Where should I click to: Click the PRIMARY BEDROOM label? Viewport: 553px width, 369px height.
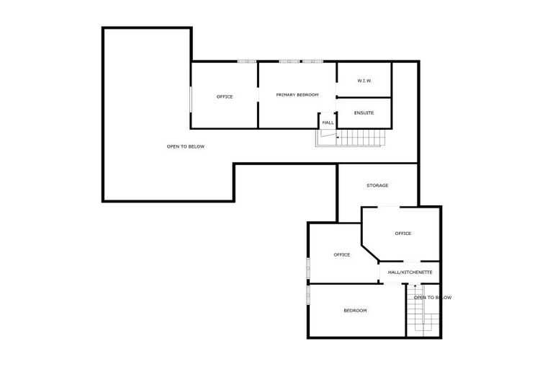pyautogui.click(x=297, y=95)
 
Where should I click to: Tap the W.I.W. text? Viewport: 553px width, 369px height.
pyautogui.click(x=364, y=80)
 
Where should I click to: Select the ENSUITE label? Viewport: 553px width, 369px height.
pyautogui.click(x=364, y=112)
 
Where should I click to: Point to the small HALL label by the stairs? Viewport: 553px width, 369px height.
pyautogui.click(x=328, y=123)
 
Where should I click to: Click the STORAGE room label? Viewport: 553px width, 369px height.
pyautogui.click(x=377, y=186)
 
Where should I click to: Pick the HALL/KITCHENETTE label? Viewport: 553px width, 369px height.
pyautogui.click(x=410, y=272)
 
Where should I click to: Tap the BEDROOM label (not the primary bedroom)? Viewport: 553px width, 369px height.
pyautogui.click(x=355, y=311)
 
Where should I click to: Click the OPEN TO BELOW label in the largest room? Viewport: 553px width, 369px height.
pyautogui.click(x=186, y=147)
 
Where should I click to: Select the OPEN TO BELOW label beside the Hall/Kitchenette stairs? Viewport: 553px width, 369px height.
pyautogui.click(x=433, y=298)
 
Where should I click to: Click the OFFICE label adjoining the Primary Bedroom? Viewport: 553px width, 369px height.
pyautogui.click(x=225, y=97)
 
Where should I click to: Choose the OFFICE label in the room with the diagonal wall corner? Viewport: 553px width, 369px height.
pyautogui.click(x=403, y=234)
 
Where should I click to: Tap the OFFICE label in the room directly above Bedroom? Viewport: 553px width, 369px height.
pyautogui.click(x=341, y=254)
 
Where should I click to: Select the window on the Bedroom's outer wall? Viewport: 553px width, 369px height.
pyautogui.click(x=308, y=294)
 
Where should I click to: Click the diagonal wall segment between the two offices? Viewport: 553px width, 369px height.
pyautogui.click(x=370, y=252)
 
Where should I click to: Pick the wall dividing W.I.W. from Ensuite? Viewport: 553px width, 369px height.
pyautogui.click(x=364, y=97)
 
